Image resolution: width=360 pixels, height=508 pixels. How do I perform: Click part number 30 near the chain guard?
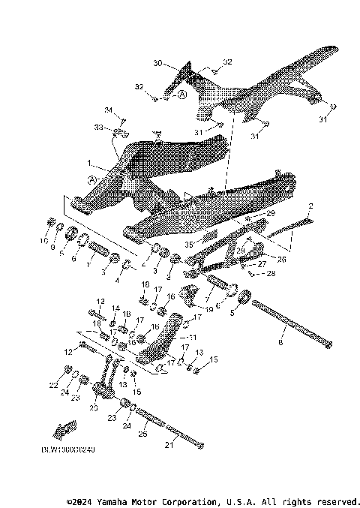157,63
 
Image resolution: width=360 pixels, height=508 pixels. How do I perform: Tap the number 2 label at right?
310,206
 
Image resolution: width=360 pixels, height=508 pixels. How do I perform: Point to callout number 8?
281,341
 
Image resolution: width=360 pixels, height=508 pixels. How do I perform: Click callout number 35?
189,244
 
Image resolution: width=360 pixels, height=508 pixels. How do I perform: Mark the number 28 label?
272,275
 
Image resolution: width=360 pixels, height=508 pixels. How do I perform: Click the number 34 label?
107,111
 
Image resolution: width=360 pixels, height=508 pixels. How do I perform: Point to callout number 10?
42,241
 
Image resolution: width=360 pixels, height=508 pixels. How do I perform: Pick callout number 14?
115,308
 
